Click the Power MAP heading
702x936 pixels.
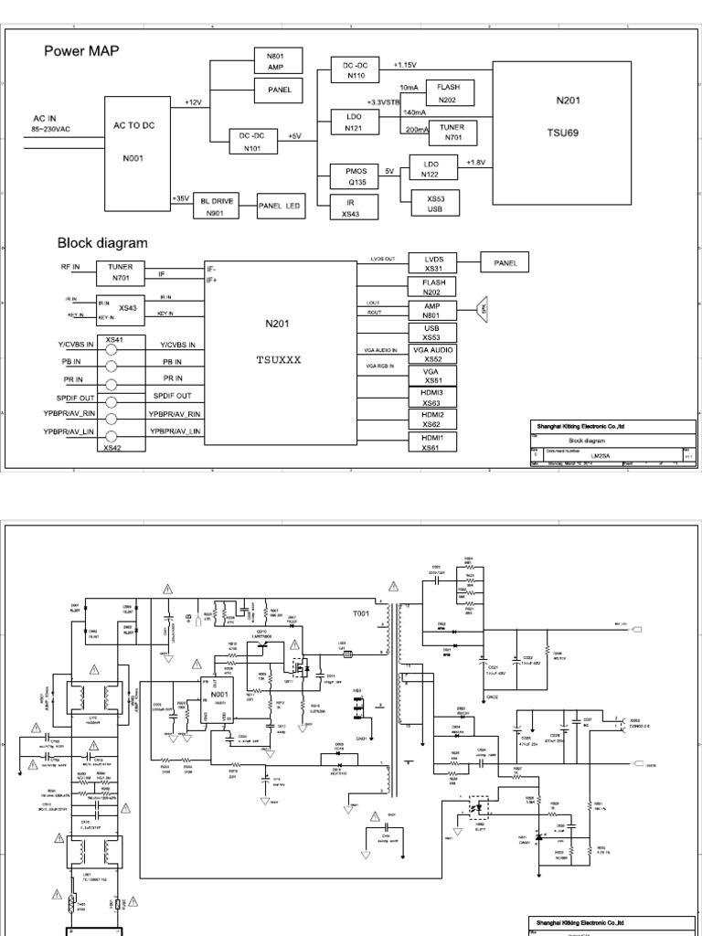(x=81, y=51)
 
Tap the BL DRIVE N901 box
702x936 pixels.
(x=215, y=207)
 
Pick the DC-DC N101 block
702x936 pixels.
(x=252, y=142)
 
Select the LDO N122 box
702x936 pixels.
(x=430, y=168)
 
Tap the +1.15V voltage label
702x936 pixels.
(x=406, y=66)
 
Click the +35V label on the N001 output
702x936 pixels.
(x=180, y=198)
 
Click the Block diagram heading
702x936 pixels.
(x=102, y=243)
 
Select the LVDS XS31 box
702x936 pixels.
(x=433, y=263)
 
